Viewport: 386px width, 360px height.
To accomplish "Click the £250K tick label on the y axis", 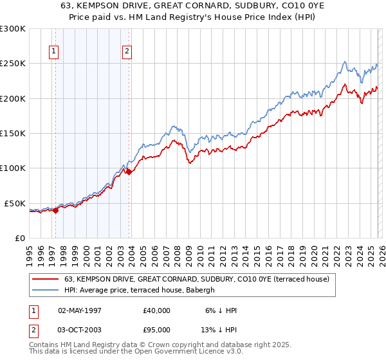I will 13,64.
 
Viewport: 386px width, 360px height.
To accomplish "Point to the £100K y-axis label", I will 13,168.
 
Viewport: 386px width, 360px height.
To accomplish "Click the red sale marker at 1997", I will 55,210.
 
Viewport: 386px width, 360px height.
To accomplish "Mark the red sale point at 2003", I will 129,172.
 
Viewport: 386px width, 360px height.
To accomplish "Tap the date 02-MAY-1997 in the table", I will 80,310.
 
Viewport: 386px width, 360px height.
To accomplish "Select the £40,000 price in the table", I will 156,310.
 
